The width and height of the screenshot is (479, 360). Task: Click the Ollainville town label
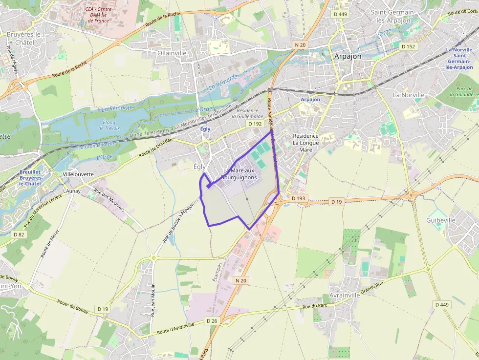coord(173,53)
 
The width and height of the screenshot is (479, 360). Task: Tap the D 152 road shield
coord(408,46)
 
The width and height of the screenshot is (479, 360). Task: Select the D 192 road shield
coord(254,124)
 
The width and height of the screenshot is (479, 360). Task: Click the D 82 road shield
coord(19,234)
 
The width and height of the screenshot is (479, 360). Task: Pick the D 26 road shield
coord(211,320)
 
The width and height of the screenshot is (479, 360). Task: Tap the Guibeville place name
coord(441,220)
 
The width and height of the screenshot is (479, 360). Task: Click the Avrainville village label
coord(345,296)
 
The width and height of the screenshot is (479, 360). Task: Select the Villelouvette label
coord(78,174)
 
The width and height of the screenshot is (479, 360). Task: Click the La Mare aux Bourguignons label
coord(239,174)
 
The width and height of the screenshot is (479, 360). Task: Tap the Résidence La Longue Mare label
coord(305,143)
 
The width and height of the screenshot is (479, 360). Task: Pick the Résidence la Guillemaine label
coord(247,114)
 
